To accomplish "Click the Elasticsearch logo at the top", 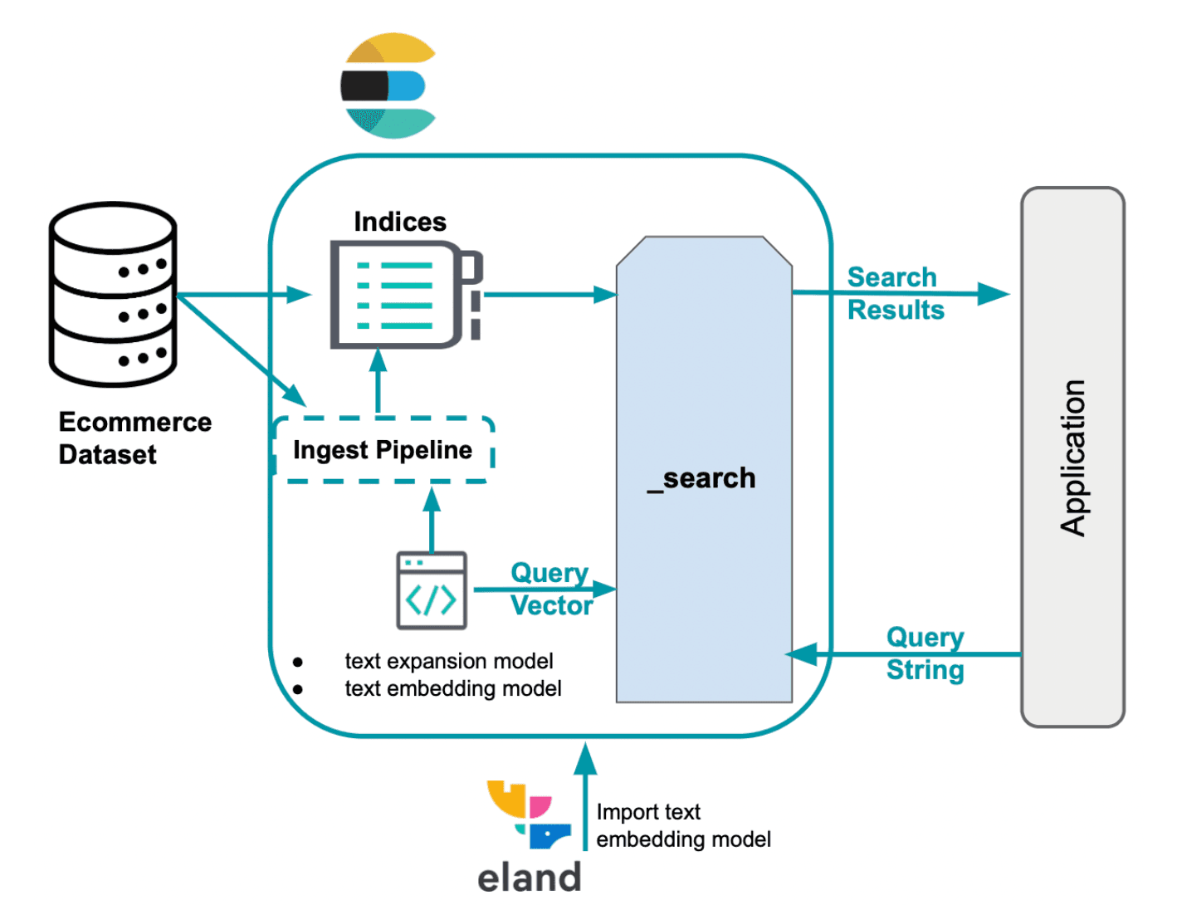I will (388, 86).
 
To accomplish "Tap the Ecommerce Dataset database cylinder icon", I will (113, 295).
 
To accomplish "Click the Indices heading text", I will (399, 222).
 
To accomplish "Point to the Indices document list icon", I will (404, 295).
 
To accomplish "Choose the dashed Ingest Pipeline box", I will (383, 450).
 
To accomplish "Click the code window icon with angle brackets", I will (432, 590).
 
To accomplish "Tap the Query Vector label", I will (550, 590).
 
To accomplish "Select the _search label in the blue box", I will (701, 478).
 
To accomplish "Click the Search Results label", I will (895, 294).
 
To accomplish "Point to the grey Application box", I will (1072, 457).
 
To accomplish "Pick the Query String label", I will (925, 653).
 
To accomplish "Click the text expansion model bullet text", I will (448, 661).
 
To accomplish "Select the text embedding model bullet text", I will (452, 689).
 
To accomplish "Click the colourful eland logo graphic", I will (529, 815).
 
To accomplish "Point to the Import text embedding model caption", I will (683, 825).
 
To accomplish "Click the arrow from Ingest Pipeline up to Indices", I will (378, 384).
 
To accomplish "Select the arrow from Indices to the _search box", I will (549, 295).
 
